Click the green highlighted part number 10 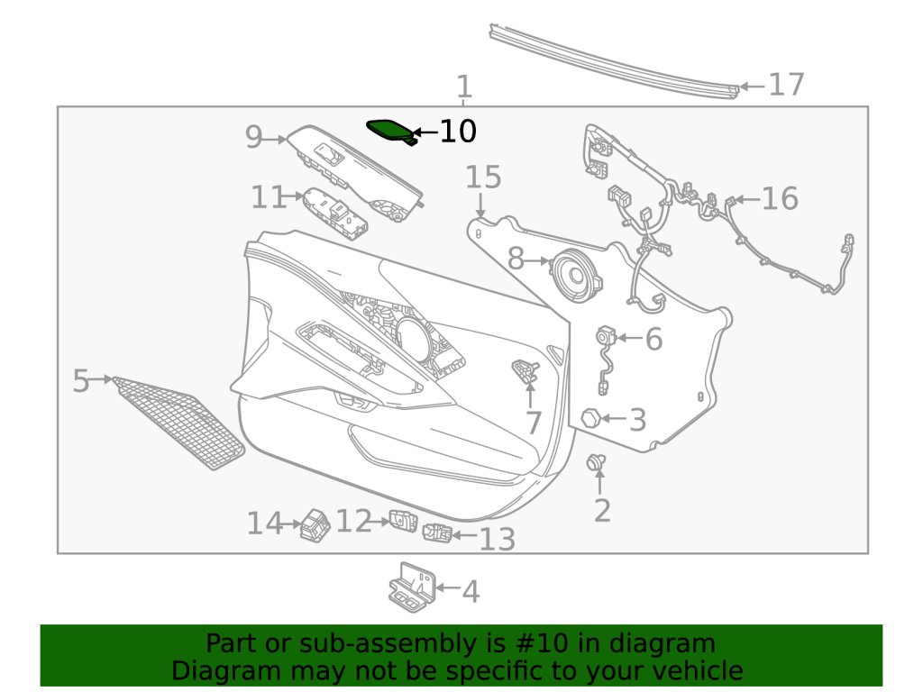[x=390, y=130]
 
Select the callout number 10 [x=457, y=132]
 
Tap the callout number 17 [x=786, y=85]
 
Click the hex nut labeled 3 [x=590, y=418]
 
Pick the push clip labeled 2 [x=596, y=463]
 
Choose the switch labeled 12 [x=402, y=520]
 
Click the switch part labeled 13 [x=437, y=533]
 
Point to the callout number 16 [x=780, y=198]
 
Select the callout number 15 [x=482, y=178]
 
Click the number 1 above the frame [x=463, y=88]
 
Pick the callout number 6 [x=653, y=340]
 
